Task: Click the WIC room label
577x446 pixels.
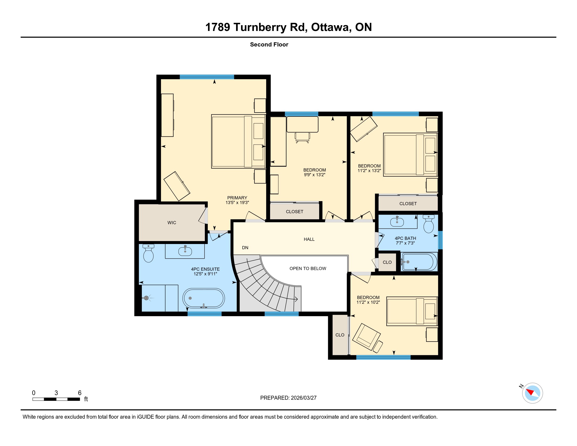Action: pos(172,222)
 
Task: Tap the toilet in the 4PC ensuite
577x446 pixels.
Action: pos(148,253)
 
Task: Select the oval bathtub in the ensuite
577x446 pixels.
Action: pos(204,298)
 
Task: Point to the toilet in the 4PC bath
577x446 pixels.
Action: pos(429,224)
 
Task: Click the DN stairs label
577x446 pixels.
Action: pos(245,248)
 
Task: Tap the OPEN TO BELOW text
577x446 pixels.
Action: pos(308,268)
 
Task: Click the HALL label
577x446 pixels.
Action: pos(309,239)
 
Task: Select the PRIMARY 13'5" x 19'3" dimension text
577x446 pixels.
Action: pos(237,202)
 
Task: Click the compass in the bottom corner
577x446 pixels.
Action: pos(532,393)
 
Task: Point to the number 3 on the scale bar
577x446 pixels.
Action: pos(56,393)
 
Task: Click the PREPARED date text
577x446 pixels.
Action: pos(288,398)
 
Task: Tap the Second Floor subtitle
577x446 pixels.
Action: pos(269,44)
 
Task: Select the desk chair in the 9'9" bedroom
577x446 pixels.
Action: pos(302,137)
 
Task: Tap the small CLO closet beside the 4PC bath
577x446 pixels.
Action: pos(387,262)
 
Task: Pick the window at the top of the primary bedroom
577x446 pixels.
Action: pos(207,77)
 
